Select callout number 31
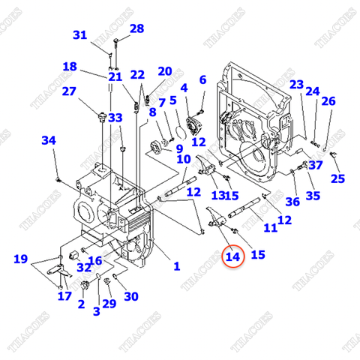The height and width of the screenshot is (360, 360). pos(80,35)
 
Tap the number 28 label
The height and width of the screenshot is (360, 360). pos(136,29)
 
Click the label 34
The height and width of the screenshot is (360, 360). pos(48,140)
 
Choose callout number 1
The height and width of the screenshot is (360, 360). pos(177,265)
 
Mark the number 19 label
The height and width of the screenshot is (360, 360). pos(21,260)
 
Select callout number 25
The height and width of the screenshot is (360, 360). pos(338,178)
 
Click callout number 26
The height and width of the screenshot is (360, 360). pos(328,101)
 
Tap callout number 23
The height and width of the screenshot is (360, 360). pos(297,84)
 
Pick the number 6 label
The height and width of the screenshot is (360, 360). pos(202,79)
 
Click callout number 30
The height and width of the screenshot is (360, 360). pos(131,296)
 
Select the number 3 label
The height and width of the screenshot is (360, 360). pos(96,310)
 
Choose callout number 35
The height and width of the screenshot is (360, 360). pos(313,196)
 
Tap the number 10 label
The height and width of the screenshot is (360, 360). pos(184,159)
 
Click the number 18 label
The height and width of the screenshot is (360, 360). pos(70,67)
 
